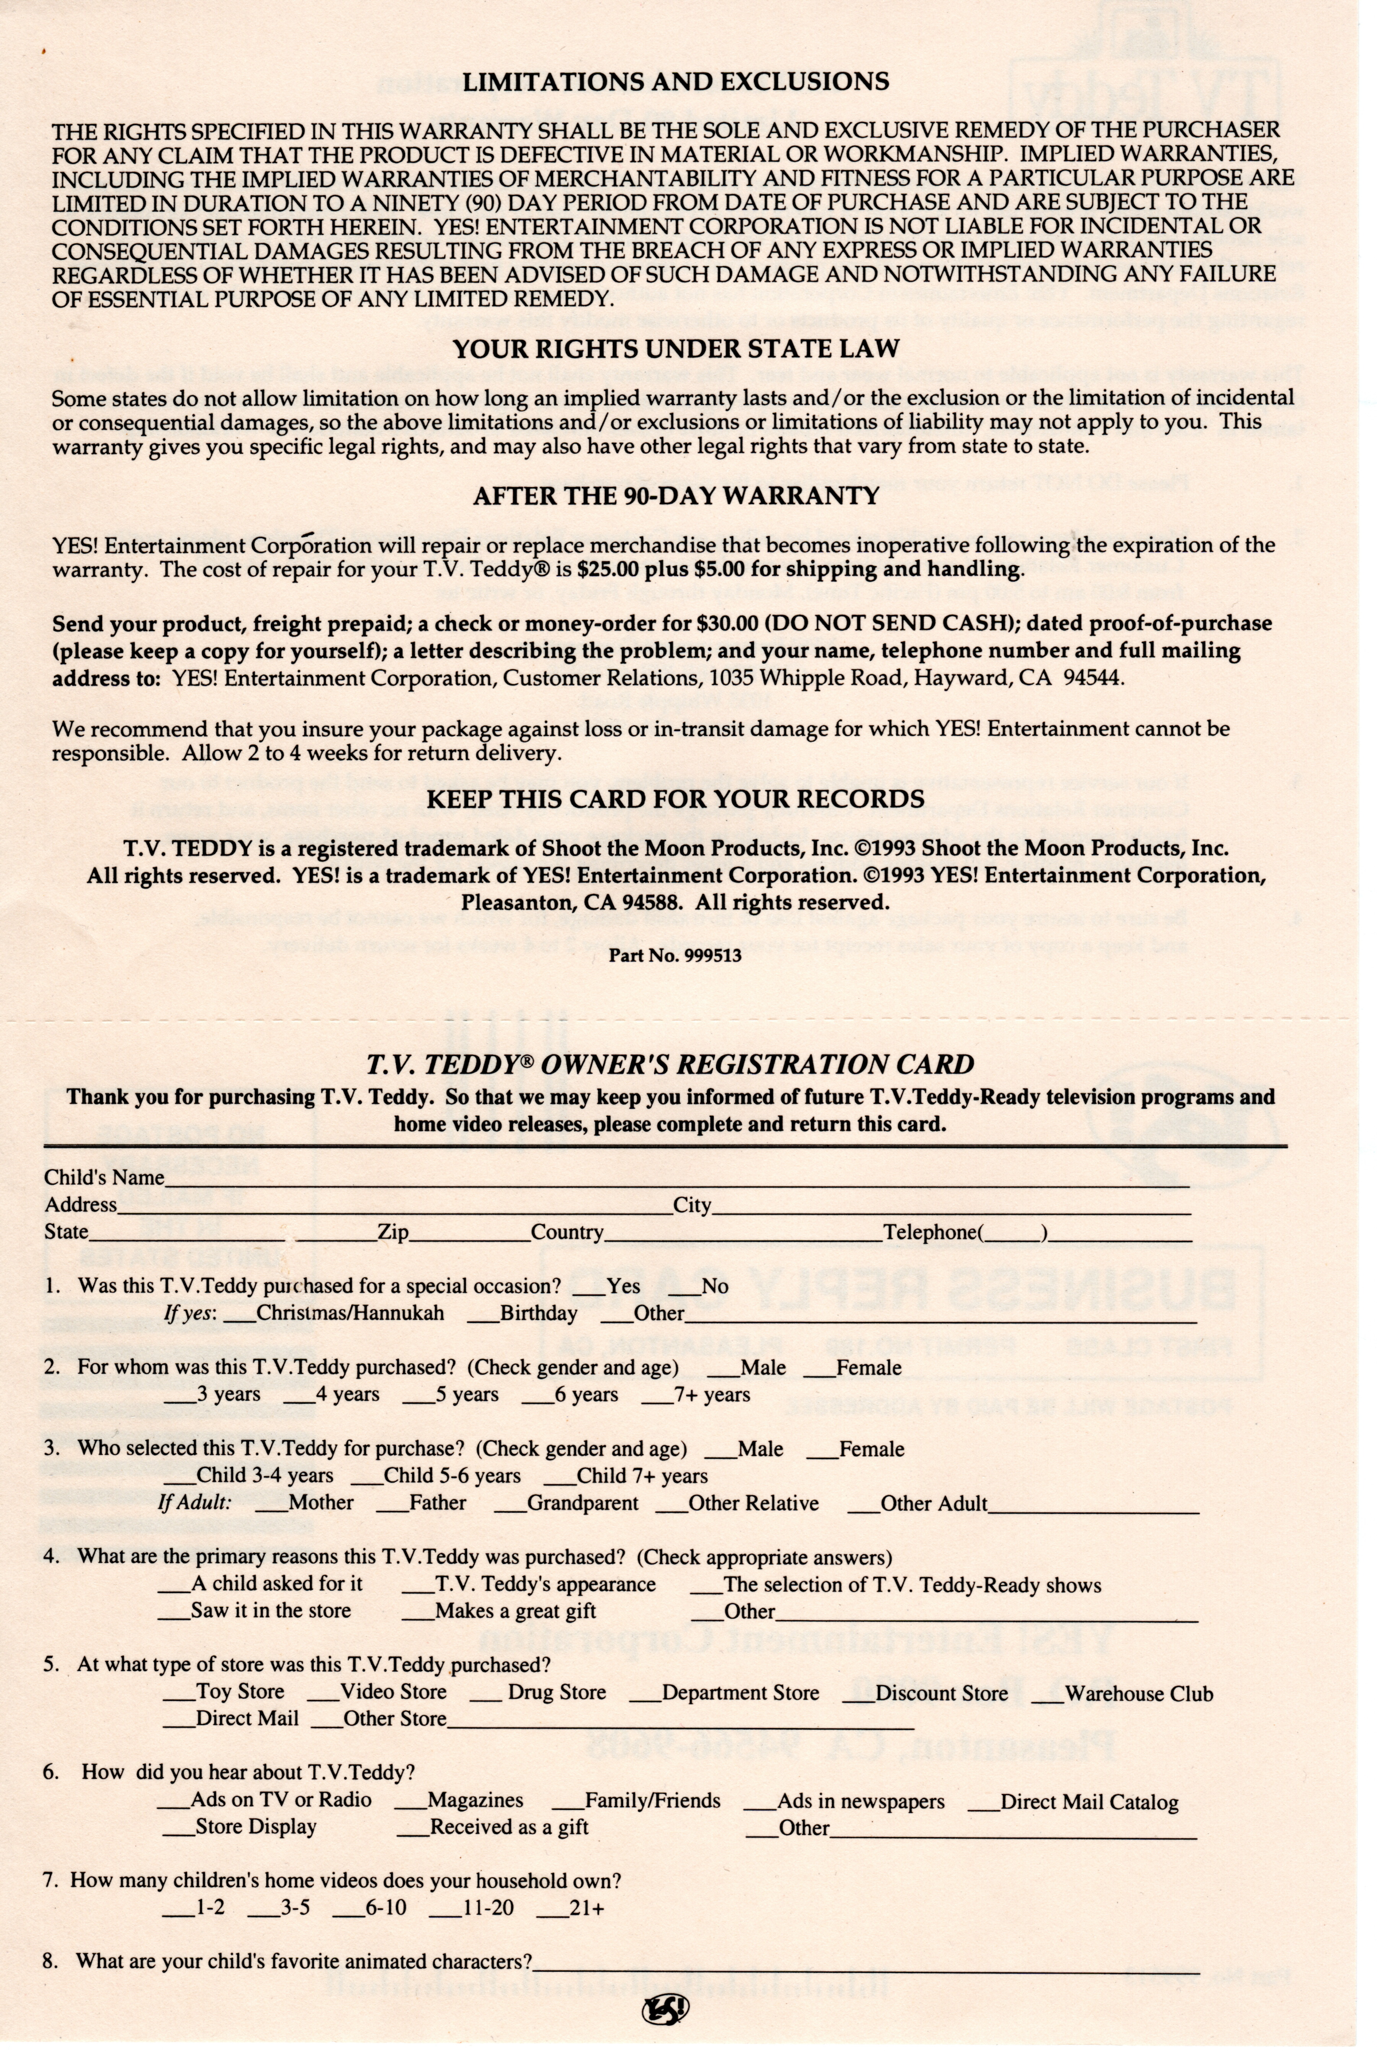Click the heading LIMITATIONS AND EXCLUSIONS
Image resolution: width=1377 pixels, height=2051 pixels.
(x=675, y=81)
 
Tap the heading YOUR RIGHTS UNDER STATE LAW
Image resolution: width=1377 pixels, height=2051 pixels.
(x=675, y=349)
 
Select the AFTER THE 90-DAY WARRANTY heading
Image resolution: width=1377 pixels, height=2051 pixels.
(x=675, y=496)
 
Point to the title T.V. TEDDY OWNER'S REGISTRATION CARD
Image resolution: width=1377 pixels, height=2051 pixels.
(x=670, y=1064)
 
